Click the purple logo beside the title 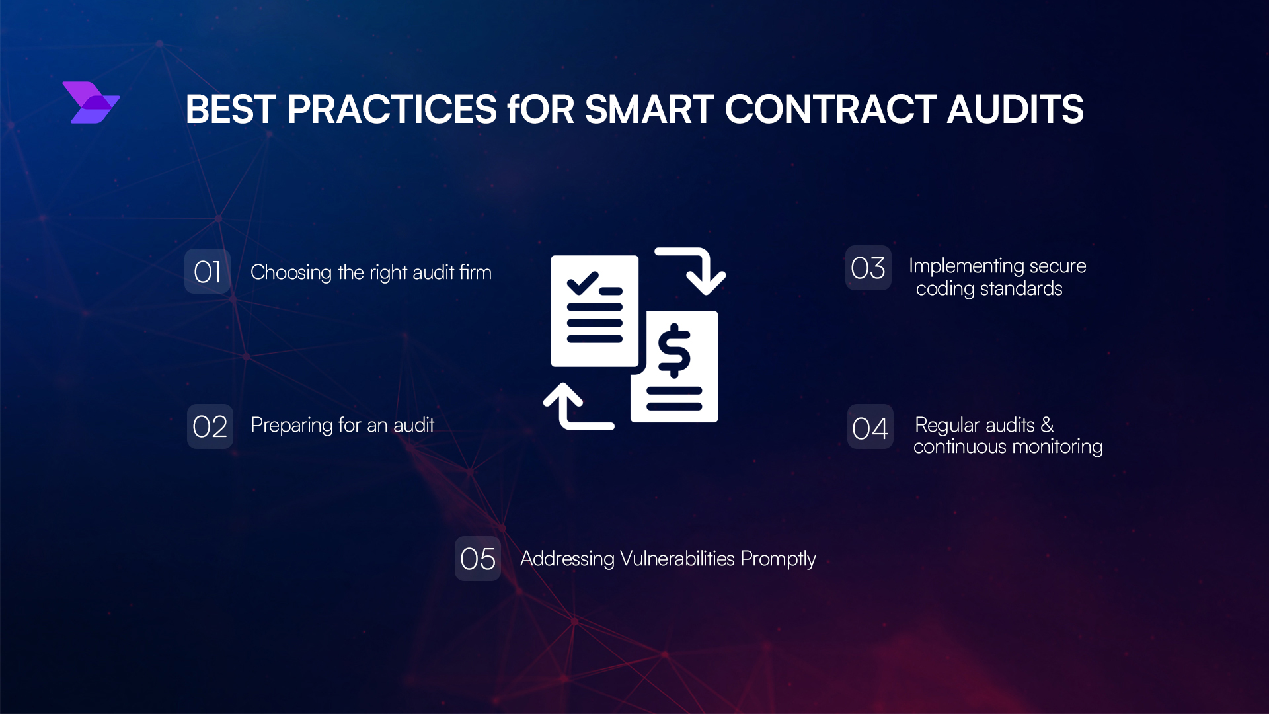click(x=91, y=102)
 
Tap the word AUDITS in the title click(x=1015, y=109)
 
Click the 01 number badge click(x=208, y=272)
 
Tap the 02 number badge click(x=210, y=426)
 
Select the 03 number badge click(x=868, y=268)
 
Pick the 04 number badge click(x=870, y=427)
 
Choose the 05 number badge click(x=478, y=559)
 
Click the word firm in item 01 click(x=475, y=272)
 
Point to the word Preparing click(x=291, y=425)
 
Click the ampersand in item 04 click(x=1048, y=424)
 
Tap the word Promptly click(x=778, y=559)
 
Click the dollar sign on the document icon click(x=674, y=350)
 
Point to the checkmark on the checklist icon click(x=582, y=283)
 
